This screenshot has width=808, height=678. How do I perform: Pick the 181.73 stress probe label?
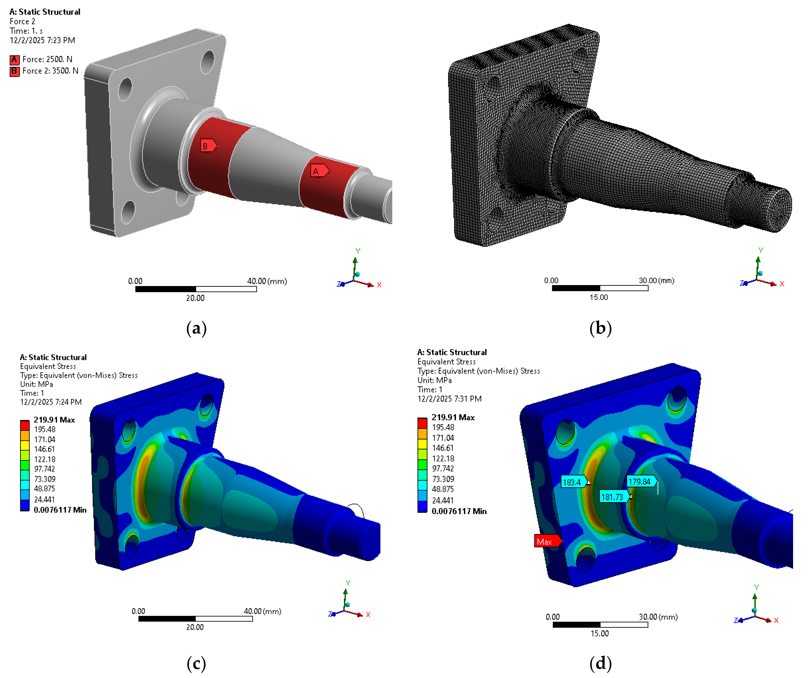(x=614, y=497)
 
